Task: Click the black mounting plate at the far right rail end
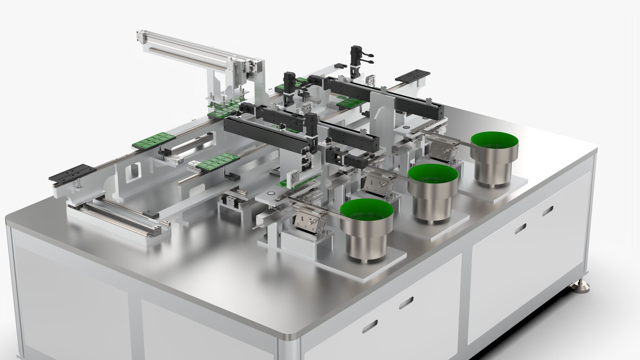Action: (x=412, y=76)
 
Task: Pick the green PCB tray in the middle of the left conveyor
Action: (x=218, y=162)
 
